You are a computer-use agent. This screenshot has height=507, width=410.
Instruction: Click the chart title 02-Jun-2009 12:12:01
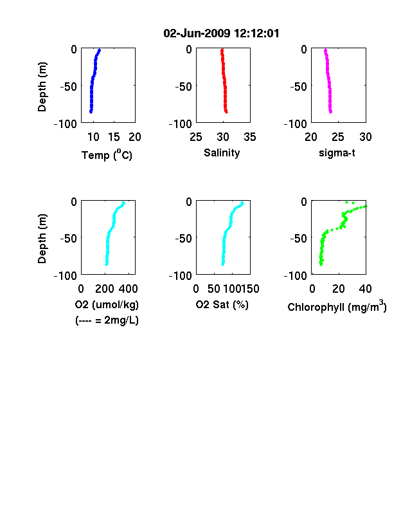pyautogui.click(x=221, y=33)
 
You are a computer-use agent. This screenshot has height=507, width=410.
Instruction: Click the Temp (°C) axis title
pyautogui.click(x=107, y=154)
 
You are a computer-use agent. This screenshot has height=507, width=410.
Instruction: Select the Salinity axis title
pyautogui.click(x=222, y=152)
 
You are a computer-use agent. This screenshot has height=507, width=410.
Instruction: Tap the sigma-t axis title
pyautogui.click(x=337, y=152)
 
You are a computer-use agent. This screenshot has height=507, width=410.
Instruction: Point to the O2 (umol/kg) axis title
pyautogui.click(x=107, y=304)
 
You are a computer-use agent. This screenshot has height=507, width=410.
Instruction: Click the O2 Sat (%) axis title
pyautogui.click(x=222, y=304)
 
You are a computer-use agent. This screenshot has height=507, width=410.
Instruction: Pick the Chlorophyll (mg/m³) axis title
pyautogui.click(x=337, y=306)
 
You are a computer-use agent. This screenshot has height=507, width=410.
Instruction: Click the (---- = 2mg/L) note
pyautogui.click(x=107, y=320)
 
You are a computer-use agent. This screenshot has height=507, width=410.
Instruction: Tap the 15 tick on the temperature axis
pyautogui.click(x=114, y=137)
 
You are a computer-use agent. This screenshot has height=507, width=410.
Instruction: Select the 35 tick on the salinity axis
pyautogui.click(x=250, y=137)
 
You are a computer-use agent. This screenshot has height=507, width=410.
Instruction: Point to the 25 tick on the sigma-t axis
pyautogui.click(x=338, y=137)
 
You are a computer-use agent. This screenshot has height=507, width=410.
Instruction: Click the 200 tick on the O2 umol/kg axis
pyautogui.click(x=105, y=289)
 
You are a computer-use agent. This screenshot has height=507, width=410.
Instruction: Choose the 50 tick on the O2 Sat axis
pyautogui.click(x=214, y=289)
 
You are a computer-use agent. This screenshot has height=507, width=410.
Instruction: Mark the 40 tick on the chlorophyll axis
pyautogui.click(x=365, y=289)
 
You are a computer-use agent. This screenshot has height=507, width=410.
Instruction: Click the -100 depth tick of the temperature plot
pyautogui.click(x=66, y=124)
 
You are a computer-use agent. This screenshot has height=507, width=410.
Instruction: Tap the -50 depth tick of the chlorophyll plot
pyautogui.click(x=299, y=238)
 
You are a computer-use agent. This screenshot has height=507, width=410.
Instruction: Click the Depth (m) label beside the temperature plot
pyautogui.click(x=42, y=87)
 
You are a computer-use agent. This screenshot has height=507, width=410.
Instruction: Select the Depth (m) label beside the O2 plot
pyautogui.click(x=42, y=239)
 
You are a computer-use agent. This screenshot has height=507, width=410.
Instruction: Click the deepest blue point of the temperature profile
pyautogui.click(x=91, y=112)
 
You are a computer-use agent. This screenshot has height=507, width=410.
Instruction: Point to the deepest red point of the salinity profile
pyautogui.click(x=226, y=112)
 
